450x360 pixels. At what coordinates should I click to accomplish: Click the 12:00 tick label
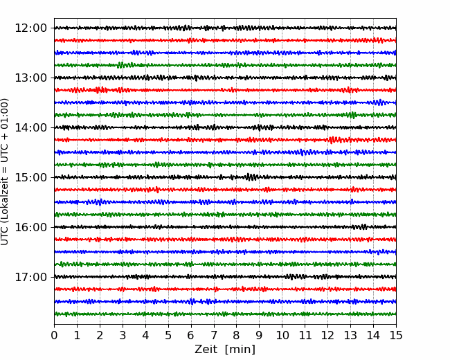(30, 28)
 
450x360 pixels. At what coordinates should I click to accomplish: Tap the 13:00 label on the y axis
(30, 78)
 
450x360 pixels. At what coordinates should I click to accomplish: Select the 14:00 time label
(30, 127)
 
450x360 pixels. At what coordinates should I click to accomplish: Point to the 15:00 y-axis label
(30, 177)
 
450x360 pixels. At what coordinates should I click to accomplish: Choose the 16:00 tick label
(30, 227)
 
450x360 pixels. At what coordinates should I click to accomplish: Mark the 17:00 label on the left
(30, 277)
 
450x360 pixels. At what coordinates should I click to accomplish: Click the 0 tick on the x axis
(54, 335)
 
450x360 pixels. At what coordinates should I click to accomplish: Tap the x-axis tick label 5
(168, 335)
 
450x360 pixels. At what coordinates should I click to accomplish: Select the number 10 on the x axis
(282, 335)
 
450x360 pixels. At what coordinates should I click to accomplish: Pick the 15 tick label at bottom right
(396, 335)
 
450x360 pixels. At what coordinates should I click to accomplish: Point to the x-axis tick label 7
(214, 335)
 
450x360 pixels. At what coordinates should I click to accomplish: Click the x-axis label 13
(350, 335)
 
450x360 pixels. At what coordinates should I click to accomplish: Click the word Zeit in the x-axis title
(207, 349)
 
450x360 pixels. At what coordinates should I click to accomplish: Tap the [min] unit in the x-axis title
(240, 350)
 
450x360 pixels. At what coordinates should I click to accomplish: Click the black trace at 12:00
(225, 28)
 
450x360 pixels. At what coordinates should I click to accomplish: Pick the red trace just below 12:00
(225, 40)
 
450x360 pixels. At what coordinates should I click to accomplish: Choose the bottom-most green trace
(225, 314)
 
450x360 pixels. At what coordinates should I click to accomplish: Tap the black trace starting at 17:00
(225, 277)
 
